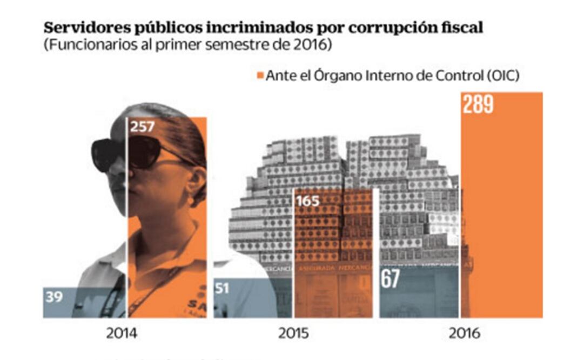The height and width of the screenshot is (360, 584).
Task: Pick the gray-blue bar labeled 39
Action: (84, 302)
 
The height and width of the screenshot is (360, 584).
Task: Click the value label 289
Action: (478, 105)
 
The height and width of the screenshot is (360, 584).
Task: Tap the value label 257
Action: (143, 128)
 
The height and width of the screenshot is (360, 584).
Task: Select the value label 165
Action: (308, 202)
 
